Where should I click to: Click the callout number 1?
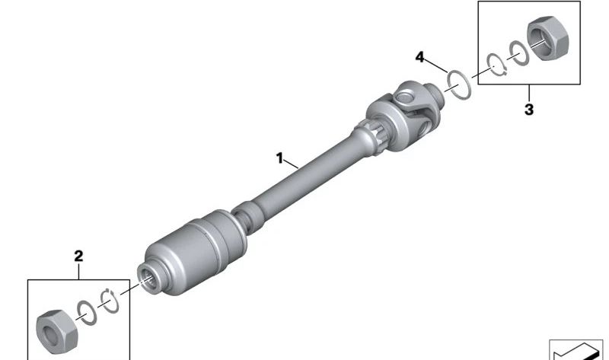(279, 158)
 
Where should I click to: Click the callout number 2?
(78, 256)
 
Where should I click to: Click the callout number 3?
(529, 110)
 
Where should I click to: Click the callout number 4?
(420, 57)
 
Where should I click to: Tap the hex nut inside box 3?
(547, 38)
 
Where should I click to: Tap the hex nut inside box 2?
(56, 332)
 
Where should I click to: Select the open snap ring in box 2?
(110, 301)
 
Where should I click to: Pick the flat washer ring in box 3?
(519, 53)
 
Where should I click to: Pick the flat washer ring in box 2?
(87, 313)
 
